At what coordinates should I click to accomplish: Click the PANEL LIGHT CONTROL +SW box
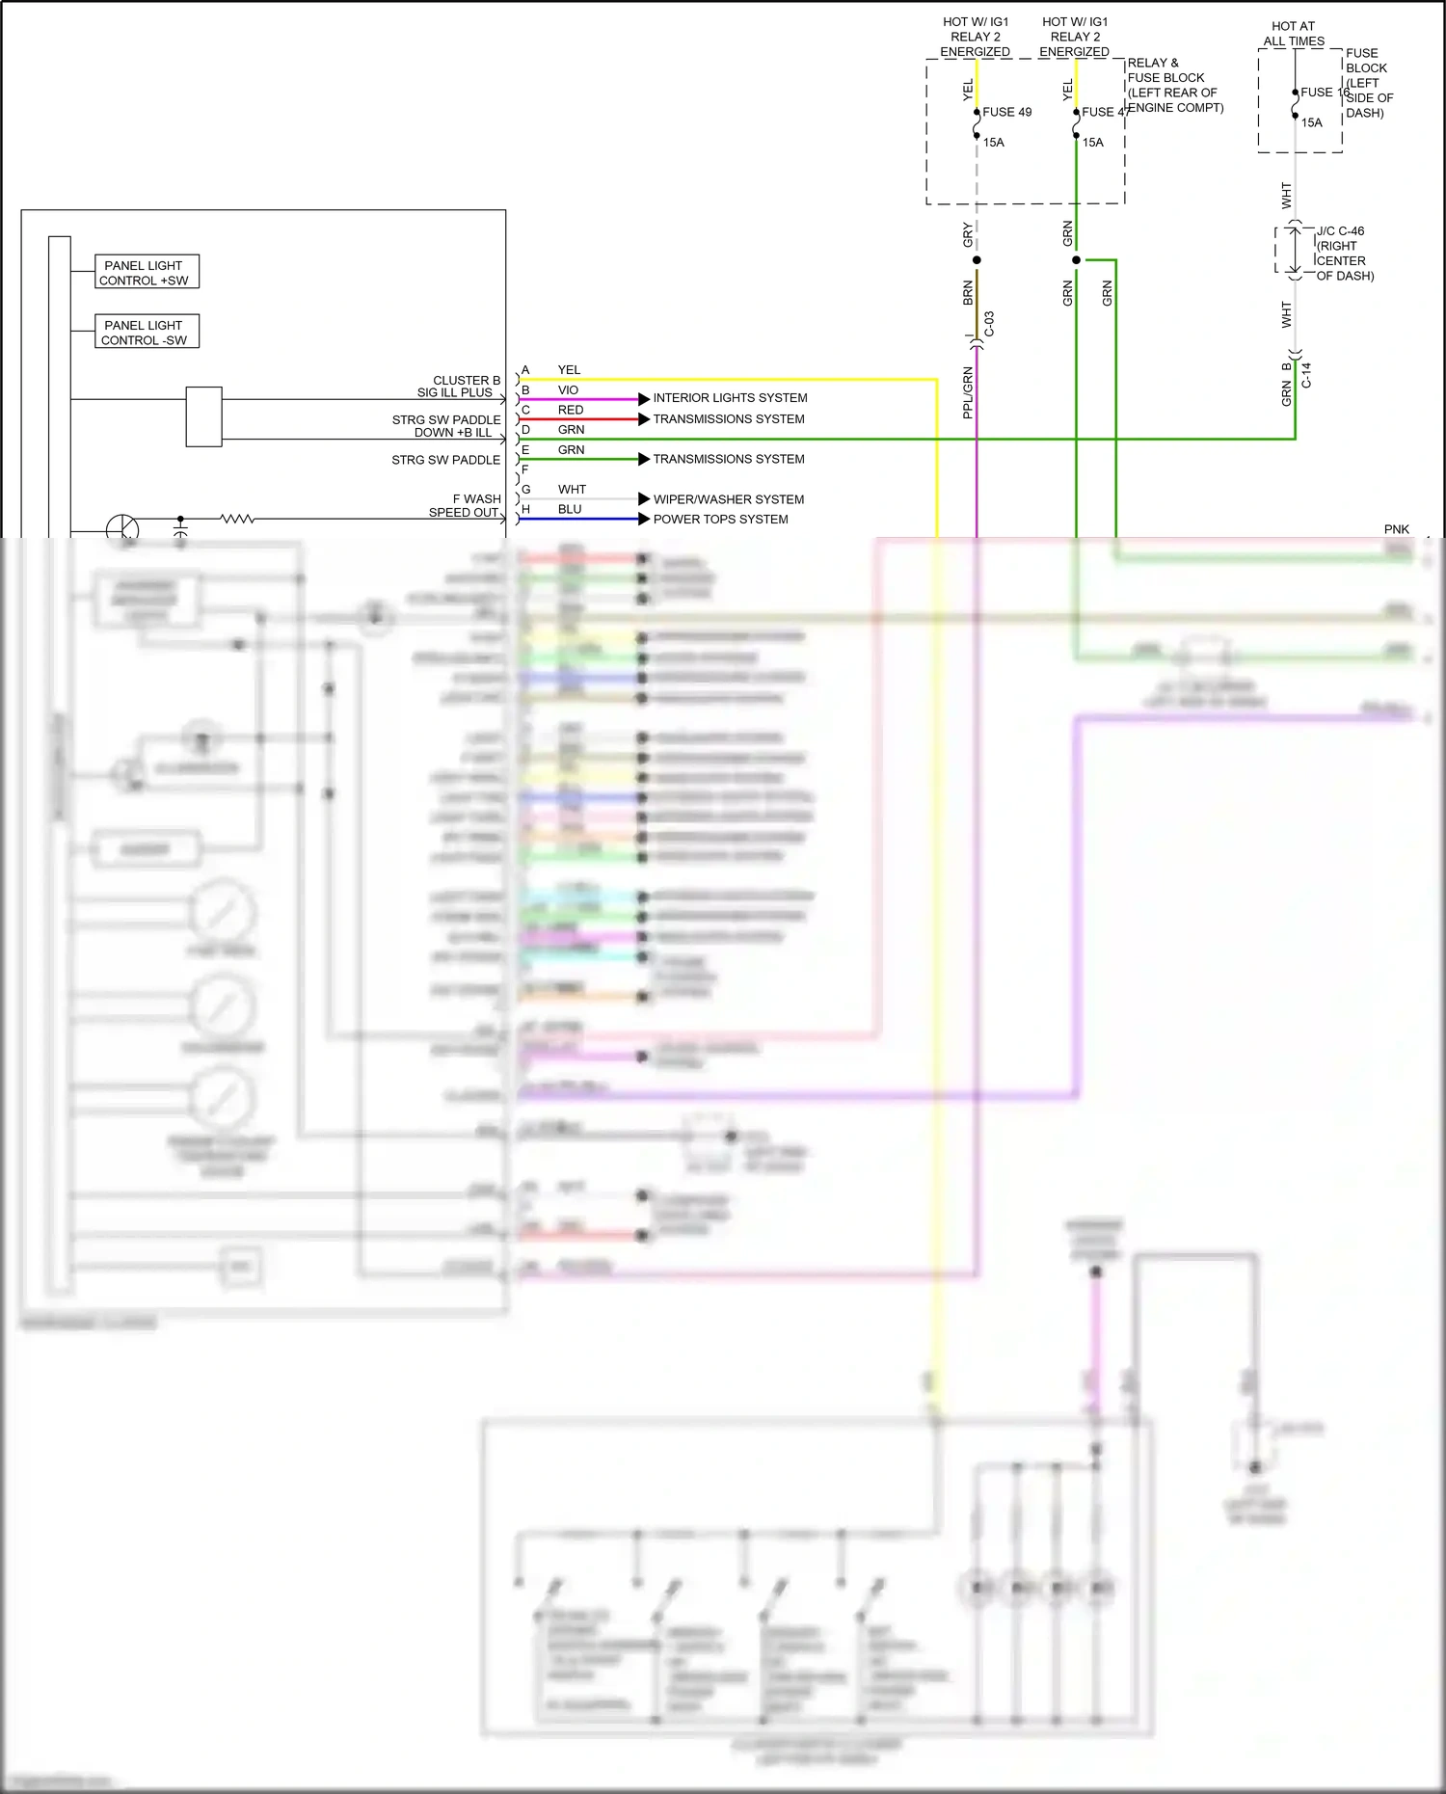click(x=147, y=272)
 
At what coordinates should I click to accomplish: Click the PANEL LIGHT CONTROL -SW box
click(x=147, y=332)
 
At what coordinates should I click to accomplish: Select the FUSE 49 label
click(x=1006, y=112)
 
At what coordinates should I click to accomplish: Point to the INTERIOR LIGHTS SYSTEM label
click(x=730, y=398)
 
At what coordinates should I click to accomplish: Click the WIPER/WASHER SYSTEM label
click(x=728, y=499)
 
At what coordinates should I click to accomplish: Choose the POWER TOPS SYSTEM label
click(x=720, y=520)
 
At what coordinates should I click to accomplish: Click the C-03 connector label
click(x=989, y=324)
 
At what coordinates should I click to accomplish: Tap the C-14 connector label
click(x=1306, y=375)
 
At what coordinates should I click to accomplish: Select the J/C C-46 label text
click(x=1341, y=231)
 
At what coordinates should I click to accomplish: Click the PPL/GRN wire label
click(x=967, y=392)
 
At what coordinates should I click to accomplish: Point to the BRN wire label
click(x=967, y=293)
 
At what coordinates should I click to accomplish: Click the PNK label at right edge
click(x=1396, y=529)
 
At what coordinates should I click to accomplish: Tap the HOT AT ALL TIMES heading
click(x=1294, y=34)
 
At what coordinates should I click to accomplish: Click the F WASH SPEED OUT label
click(x=465, y=506)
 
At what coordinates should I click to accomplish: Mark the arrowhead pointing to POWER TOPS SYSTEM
click(x=644, y=520)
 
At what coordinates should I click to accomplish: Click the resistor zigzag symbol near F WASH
click(x=237, y=520)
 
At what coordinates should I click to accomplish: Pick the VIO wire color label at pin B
click(x=568, y=390)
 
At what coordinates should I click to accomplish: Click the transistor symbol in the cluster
click(x=122, y=528)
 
